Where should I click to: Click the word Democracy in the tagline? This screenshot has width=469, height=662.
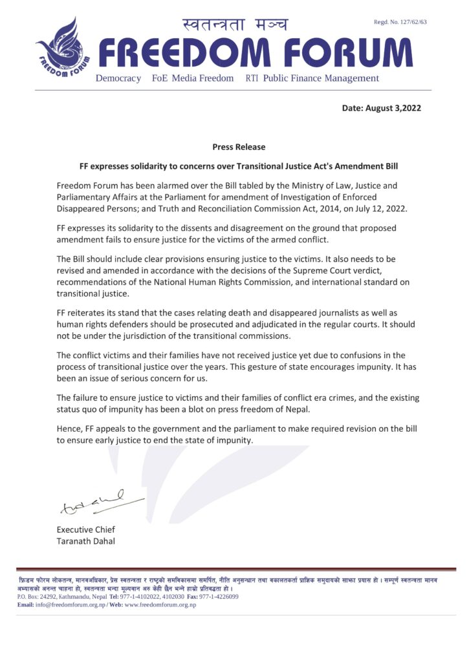click(x=118, y=78)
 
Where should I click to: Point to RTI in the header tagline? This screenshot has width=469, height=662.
click(x=252, y=78)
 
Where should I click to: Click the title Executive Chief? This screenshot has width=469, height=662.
click(x=85, y=529)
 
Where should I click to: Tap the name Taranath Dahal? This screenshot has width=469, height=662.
click(x=86, y=541)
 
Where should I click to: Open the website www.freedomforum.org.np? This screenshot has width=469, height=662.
click(x=160, y=604)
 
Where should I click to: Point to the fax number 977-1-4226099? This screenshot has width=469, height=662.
click(x=219, y=596)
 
